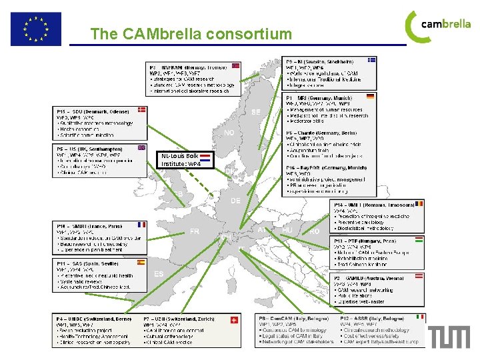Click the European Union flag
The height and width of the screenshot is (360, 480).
tap(35, 29)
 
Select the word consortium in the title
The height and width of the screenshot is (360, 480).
tap(249, 33)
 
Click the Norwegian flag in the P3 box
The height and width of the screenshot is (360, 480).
tap(235, 67)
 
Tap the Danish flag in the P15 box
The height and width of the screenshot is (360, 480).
tap(142, 110)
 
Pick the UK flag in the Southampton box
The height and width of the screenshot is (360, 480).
tap(141, 148)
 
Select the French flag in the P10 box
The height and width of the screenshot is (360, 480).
tap(141, 225)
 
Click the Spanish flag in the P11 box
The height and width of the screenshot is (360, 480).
tap(141, 263)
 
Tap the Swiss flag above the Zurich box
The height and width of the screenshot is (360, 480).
tap(232, 320)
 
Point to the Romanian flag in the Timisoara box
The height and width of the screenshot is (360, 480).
tap(419, 204)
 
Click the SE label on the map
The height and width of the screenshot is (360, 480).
tap(256, 112)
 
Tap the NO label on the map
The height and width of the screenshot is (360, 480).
tap(229, 133)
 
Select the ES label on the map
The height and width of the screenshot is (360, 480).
tap(159, 274)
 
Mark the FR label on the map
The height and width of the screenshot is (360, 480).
tap(194, 231)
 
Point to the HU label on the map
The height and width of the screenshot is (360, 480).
tap(287, 230)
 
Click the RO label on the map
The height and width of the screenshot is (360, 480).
tap(314, 232)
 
